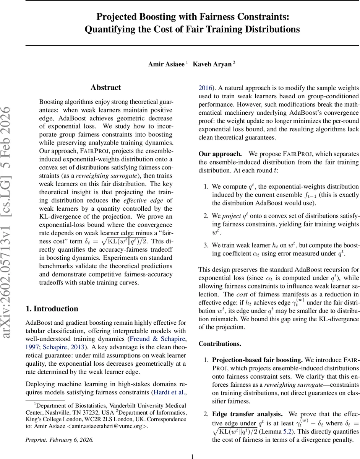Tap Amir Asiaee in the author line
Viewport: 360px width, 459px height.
click(x=166, y=64)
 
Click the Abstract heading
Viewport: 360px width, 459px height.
click(x=106, y=88)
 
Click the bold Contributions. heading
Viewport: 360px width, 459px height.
click(x=220, y=343)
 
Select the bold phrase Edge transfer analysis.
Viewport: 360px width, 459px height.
click(x=247, y=414)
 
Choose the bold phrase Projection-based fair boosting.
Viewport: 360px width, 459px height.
click(x=257, y=360)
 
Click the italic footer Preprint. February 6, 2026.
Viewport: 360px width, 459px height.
click(x=59, y=440)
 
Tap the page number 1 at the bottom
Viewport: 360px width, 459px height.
click(x=192, y=456)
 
